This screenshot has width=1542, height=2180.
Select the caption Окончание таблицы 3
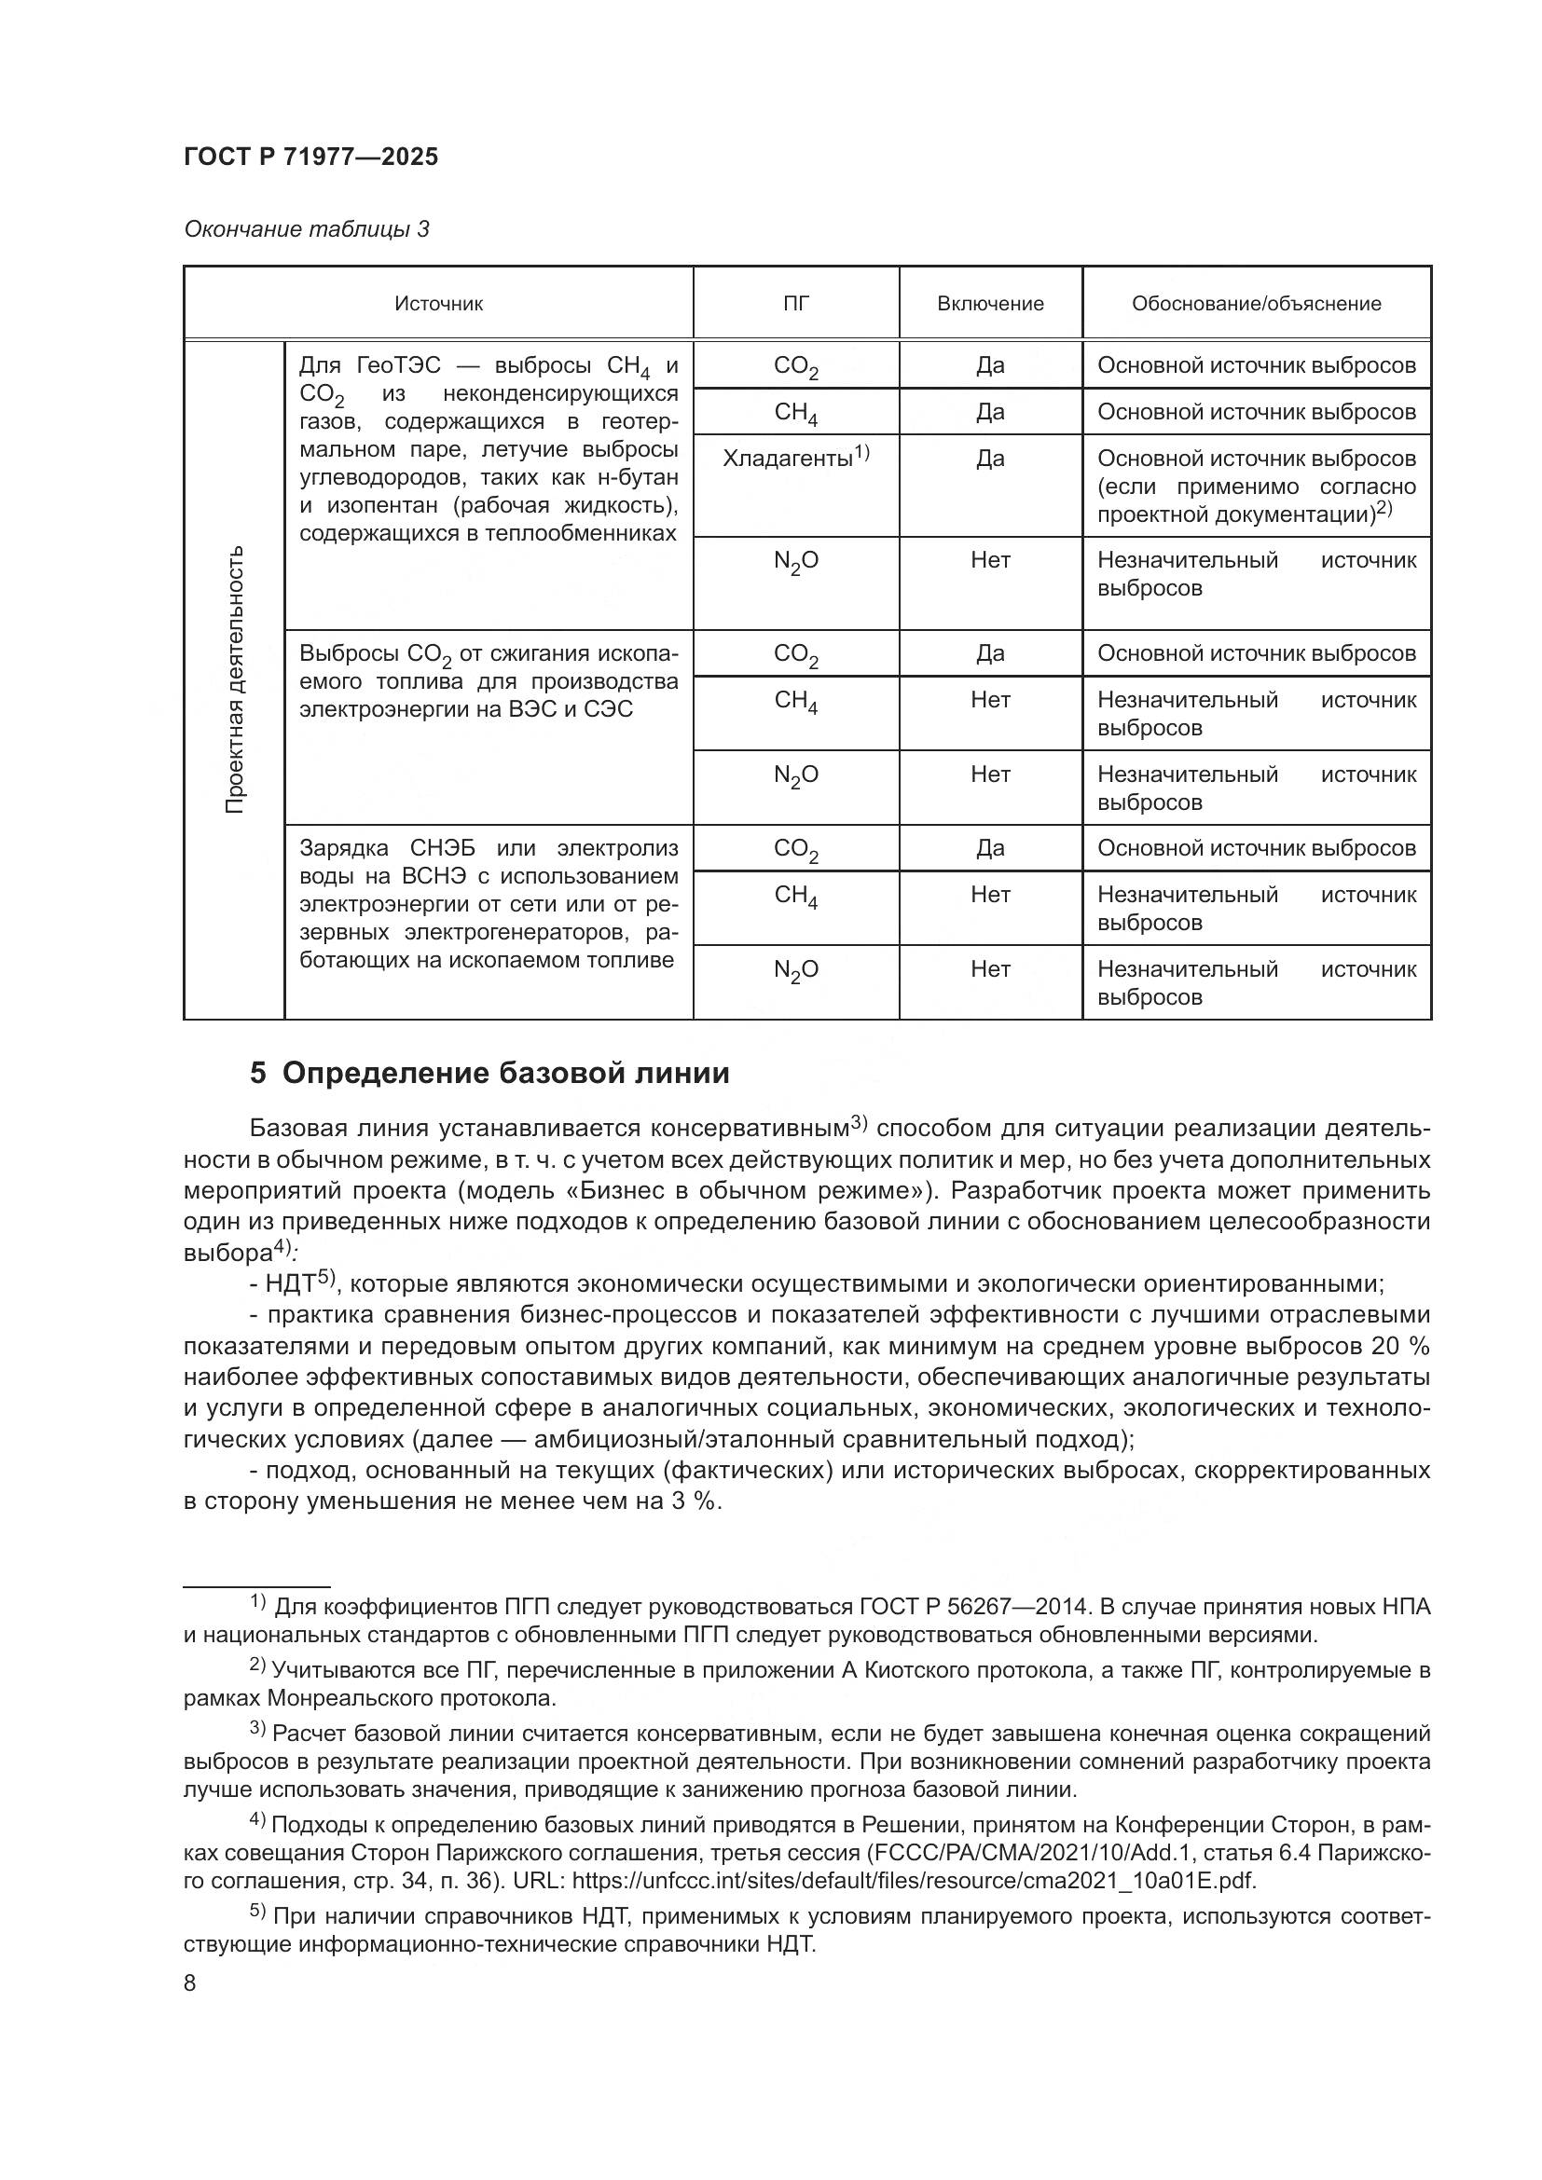pyautogui.click(x=306, y=230)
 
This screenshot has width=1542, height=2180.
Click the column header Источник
pyautogui.click(x=439, y=304)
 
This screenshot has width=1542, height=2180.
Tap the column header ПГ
pyautogui.click(x=795, y=304)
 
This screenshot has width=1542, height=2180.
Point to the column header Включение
pyautogui.click(x=989, y=304)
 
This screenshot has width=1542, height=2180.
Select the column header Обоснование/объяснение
pyautogui.click(x=1255, y=304)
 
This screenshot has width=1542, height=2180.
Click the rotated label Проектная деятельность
pyautogui.click(x=235, y=679)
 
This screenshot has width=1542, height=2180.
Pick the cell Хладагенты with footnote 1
pyautogui.click(x=794, y=459)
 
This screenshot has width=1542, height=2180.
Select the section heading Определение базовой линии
pyautogui.click(x=505, y=1074)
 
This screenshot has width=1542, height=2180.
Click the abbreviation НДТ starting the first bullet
pyautogui.click(x=290, y=1284)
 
